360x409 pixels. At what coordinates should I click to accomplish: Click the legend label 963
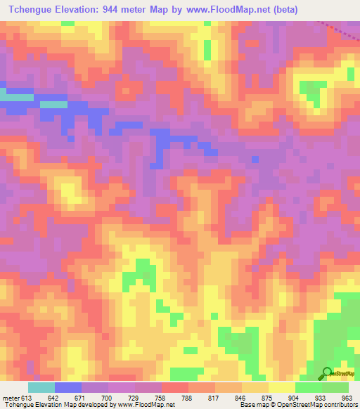click(x=346, y=398)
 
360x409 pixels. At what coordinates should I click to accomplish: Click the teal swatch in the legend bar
click(x=41, y=387)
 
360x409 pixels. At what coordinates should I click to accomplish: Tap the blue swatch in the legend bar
click(x=68, y=387)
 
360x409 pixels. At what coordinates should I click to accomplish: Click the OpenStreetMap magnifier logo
click(x=327, y=373)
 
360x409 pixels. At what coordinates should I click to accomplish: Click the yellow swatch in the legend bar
click(x=282, y=387)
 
